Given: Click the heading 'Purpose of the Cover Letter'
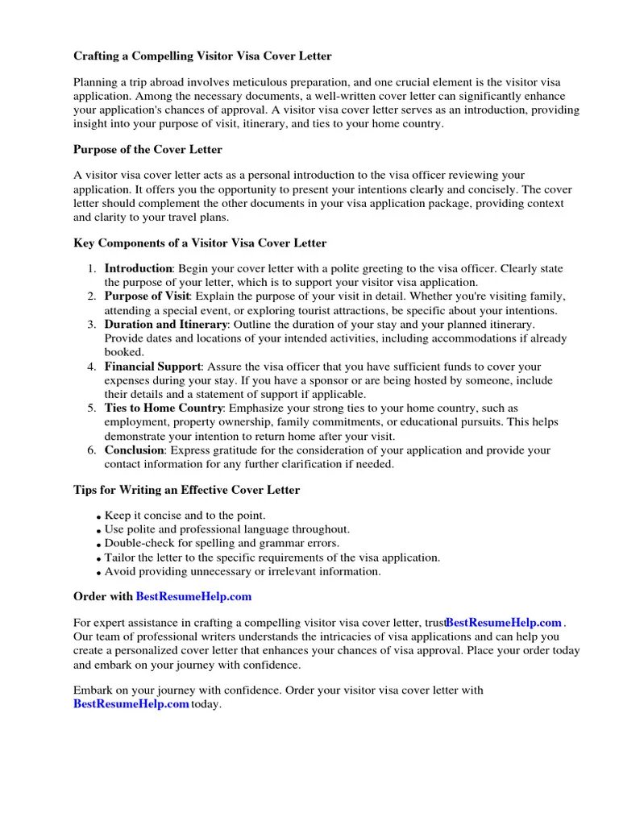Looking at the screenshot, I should coord(147,149).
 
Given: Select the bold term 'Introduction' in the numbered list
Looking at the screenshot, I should coord(138,268).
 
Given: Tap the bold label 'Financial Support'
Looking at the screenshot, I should coord(152,367).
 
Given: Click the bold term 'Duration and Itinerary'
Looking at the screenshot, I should coord(166,325).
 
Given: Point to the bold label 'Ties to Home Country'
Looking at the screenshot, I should coord(163,408).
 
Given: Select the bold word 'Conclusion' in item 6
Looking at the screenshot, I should coord(134,450).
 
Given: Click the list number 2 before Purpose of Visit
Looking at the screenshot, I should coord(92,296).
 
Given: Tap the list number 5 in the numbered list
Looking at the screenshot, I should coord(92,408).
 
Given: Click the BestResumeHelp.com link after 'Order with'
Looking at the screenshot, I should coord(193,597).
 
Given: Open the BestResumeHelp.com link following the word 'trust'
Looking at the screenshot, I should coord(503,623).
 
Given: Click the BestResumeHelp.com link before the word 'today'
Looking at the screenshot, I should coord(131,704).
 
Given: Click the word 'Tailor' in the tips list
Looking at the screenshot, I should coord(119,558).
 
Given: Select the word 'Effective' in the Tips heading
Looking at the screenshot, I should coord(226,490).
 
